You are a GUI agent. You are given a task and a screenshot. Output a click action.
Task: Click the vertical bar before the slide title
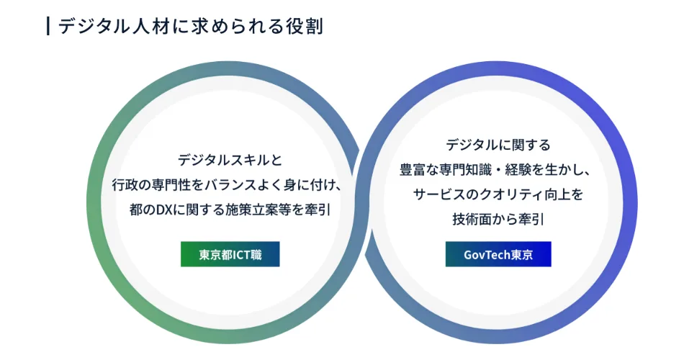pyautogui.click(x=48, y=26)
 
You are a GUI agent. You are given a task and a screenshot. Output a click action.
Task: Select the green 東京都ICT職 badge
pyautogui.click(x=230, y=254)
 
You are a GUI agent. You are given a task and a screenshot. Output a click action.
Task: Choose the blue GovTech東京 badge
pyautogui.click(x=498, y=254)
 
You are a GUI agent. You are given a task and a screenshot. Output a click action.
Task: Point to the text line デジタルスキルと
pyautogui.click(x=230, y=160)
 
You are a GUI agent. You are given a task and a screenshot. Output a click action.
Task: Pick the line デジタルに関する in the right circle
pyautogui.click(x=498, y=145)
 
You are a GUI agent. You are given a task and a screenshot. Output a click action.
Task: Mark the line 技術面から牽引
pyautogui.click(x=498, y=219)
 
